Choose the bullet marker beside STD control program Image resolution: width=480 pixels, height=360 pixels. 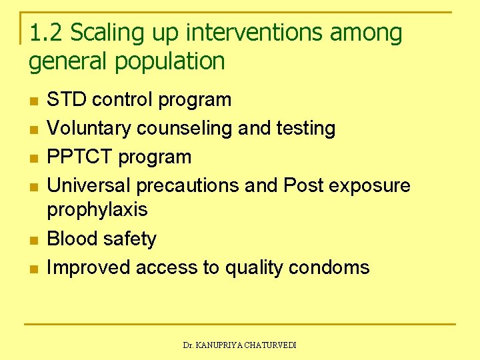pos(34,101)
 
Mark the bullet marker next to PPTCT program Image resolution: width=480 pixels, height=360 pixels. pos(34,159)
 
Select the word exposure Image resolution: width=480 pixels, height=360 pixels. pos(370,185)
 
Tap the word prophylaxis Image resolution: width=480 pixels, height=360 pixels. pos(97,210)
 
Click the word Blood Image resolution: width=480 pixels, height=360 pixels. pos(71,239)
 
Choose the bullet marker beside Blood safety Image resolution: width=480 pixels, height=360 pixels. pos(34,240)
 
